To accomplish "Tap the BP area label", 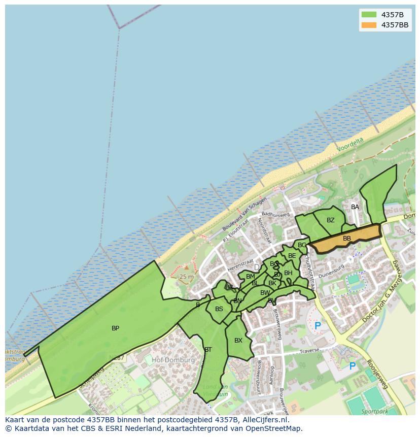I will point(115,328).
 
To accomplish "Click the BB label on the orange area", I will point(347,239).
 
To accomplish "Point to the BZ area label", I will point(331,220).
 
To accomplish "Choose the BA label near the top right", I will point(355,207).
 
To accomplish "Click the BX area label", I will point(238,341).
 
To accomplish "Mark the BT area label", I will point(208,350).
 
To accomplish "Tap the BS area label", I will point(219,309).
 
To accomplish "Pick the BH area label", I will point(288,273).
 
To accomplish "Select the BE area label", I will point(292,256).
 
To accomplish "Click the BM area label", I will point(251,277).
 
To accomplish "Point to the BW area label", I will point(265,293).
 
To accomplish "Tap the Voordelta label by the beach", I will point(351,145).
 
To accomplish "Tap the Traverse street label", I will point(309,351).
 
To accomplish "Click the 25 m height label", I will point(186,277).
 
